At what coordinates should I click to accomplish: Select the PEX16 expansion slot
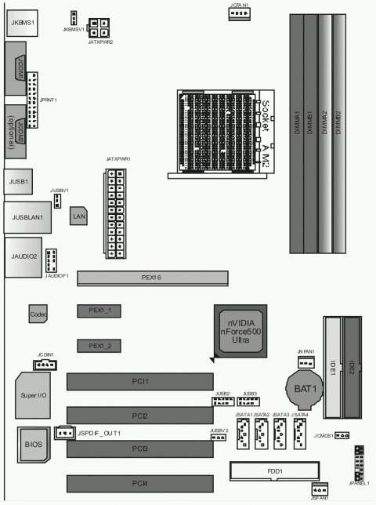tap(152, 277)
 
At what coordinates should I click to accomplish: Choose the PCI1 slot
tap(139, 381)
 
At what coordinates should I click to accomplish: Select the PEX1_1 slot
tap(99, 311)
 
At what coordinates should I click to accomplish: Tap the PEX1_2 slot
tap(99, 346)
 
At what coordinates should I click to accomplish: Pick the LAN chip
tap(78, 215)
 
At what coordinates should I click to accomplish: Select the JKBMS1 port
tap(23, 24)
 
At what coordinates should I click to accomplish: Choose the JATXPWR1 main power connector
tap(114, 214)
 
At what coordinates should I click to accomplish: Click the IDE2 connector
tap(352, 366)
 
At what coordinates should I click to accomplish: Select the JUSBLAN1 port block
tap(27, 216)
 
